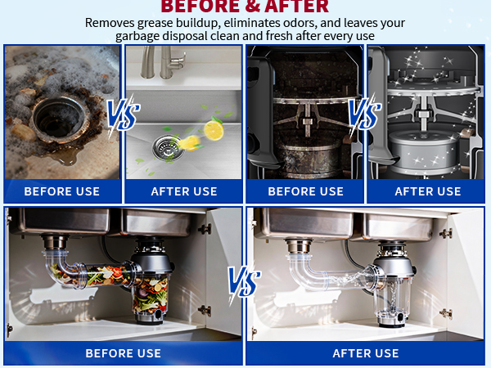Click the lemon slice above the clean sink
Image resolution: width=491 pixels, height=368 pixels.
click(x=214, y=129)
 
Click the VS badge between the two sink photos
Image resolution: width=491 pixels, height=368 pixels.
click(x=122, y=116)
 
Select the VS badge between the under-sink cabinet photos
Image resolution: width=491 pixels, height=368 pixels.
click(x=244, y=282)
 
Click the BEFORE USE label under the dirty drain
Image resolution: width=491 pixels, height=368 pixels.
click(x=62, y=191)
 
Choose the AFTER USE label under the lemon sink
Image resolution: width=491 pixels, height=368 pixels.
click(x=184, y=191)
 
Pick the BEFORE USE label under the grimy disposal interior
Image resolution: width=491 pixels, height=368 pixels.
click(x=306, y=191)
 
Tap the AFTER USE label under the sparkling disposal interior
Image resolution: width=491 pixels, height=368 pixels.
click(x=428, y=191)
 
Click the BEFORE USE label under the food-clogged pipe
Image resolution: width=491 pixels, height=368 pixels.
click(x=124, y=353)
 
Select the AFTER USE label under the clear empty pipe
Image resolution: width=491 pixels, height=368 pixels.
click(x=366, y=353)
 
